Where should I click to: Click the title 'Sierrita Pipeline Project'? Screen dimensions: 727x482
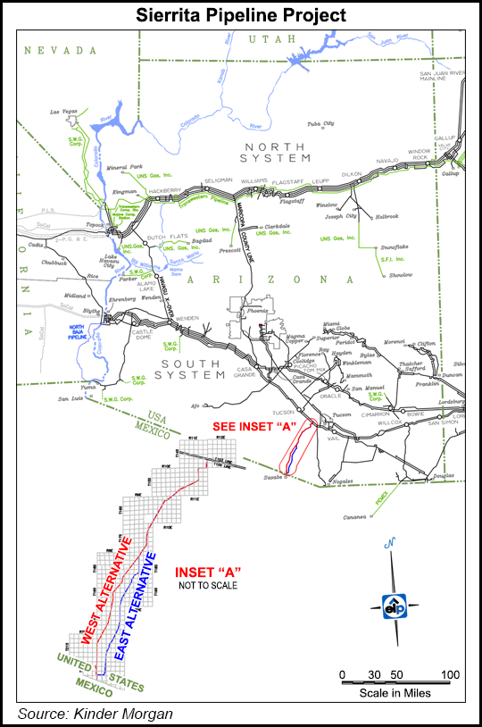(240, 14)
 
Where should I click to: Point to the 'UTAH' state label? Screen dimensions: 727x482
(265, 39)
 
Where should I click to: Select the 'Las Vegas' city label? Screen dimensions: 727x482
(65, 113)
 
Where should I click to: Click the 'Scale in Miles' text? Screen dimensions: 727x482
(395, 692)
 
